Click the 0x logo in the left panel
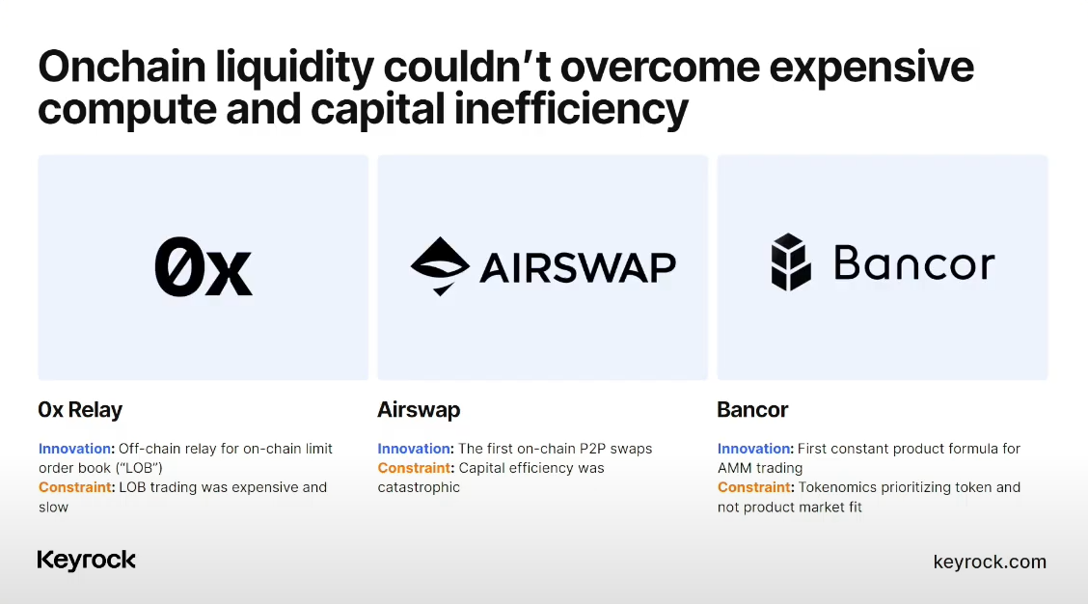click(x=204, y=267)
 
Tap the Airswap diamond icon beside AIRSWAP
click(x=440, y=266)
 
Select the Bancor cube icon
click(x=791, y=261)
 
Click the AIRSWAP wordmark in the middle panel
click(x=578, y=268)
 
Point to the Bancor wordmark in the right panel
click(x=914, y=262)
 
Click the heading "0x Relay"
click(x=80, y=410)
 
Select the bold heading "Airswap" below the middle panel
click(x=420, y=410)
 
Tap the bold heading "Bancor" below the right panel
click(x=753, y=410)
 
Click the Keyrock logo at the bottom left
click(x=87, y=560)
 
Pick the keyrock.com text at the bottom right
click(x=990, y=562)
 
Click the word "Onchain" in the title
click(x=122, y=67)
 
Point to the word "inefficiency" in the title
click(x=571, y=110)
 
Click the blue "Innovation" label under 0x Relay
click(x=74, y=449)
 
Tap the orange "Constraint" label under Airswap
click(x=414, y=468)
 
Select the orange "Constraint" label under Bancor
click(x=754, y=487)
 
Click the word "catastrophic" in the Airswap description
click(x=419, y=487)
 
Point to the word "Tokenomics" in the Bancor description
click(x=837, y=487)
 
